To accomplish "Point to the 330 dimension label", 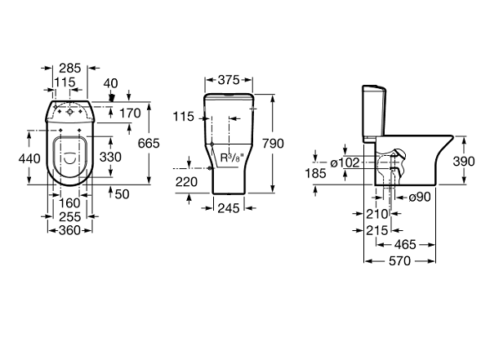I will [110, 157].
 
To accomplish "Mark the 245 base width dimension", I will [229, 208].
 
